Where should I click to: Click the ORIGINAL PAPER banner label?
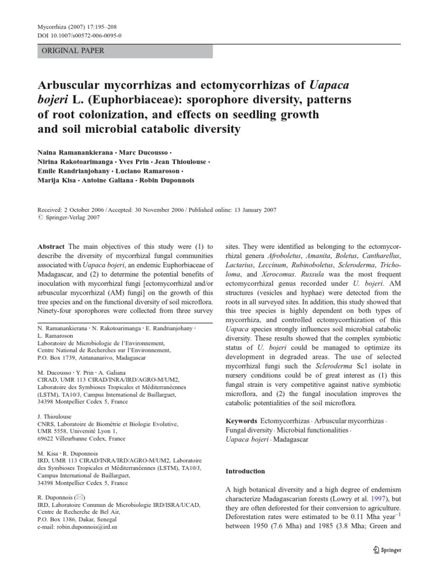pos(71,51)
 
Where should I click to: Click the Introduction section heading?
pos(246,471)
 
